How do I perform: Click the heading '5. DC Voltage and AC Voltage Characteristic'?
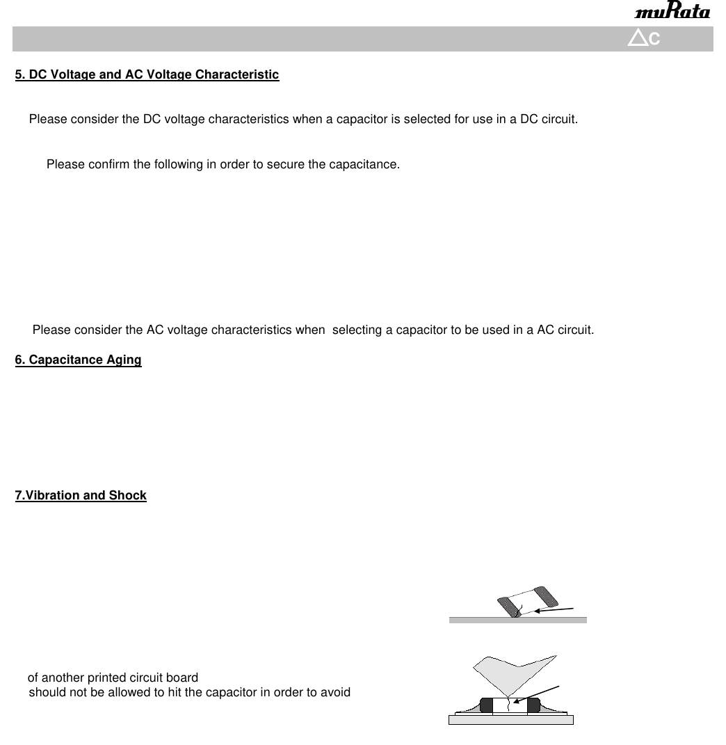click(x=147, y=74)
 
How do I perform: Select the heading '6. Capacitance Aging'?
click(x=78, y=360)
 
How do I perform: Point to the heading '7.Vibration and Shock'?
click(x=81, y=495)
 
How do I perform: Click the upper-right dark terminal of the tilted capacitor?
click(x=547, y=595)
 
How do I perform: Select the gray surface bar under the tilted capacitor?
click(x=517, y=620)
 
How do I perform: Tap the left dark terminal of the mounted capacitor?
click(x=486, y=705)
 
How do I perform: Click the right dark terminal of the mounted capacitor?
click(x=533, y=705)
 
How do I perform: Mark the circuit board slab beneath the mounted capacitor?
click(x=510, y=720)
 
